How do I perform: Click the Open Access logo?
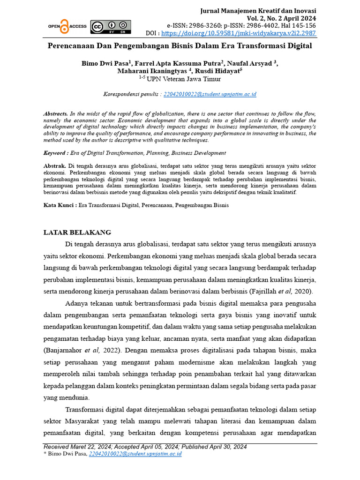(67, 27)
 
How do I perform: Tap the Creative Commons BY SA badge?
(111, 27)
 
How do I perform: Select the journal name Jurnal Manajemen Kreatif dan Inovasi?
(258, 10)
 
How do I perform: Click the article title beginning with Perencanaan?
(180, 47)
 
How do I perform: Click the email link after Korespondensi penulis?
(210, 94)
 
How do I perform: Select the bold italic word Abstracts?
(56, 114)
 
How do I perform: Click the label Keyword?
(54, 153)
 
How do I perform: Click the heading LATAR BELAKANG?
(77, 232)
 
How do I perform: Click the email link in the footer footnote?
(135, 454)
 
